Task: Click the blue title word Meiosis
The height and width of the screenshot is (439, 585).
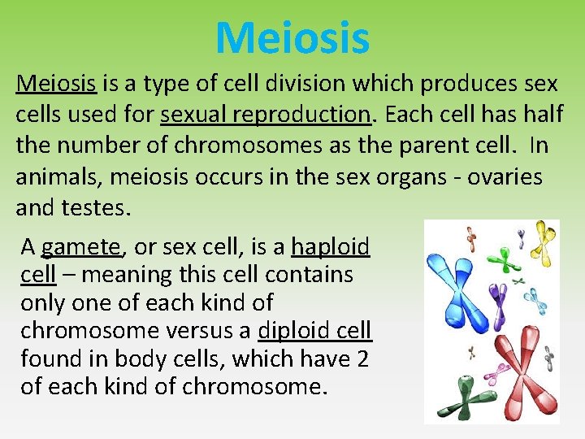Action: coord(292,37)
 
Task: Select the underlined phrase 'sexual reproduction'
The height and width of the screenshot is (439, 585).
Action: coord(266,114)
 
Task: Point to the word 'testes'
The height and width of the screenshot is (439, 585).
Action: coord(94,208)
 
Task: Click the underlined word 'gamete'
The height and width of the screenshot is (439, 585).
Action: coord(80,246)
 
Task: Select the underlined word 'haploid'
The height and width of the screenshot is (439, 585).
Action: coord(330,246)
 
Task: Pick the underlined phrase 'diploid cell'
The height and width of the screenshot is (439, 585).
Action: coord(314,330)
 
